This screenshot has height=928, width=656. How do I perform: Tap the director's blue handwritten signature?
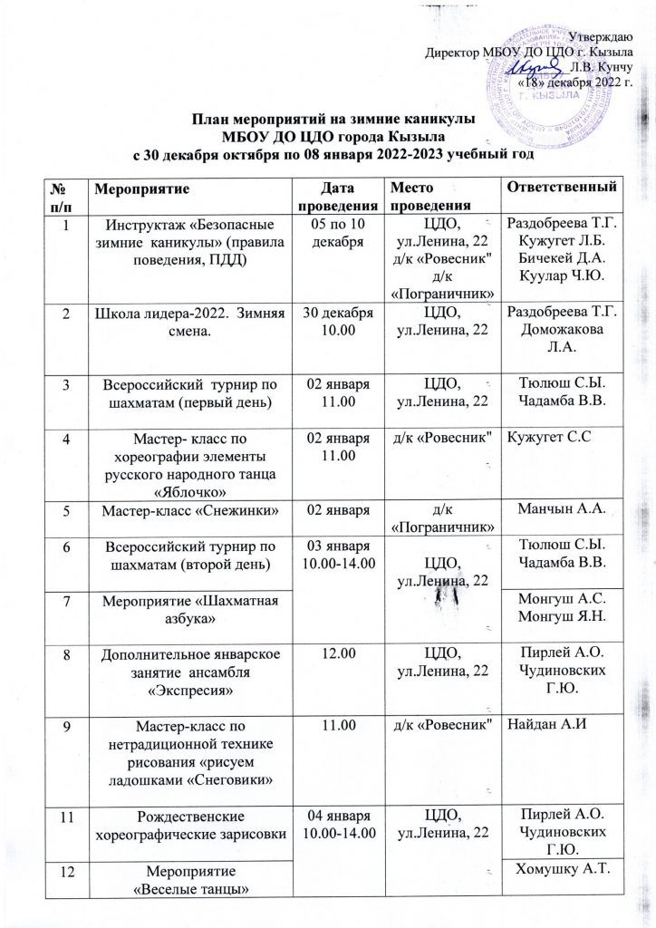pyautogui.click(x=534, y=69)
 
